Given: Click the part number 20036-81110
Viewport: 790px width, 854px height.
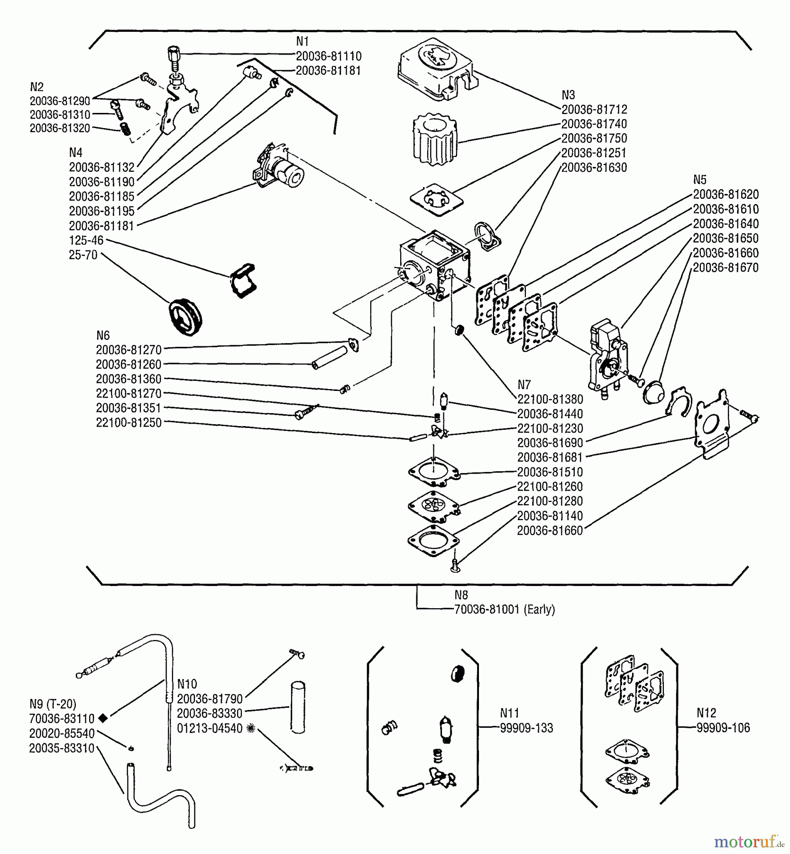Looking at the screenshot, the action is pyautogui.click(x=329, y=56).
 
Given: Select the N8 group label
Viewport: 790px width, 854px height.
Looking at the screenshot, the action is pyautogui.click(x=461, y=595).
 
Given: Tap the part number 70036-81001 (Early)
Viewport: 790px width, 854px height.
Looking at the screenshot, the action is pyautogui.click(x=505, y=610).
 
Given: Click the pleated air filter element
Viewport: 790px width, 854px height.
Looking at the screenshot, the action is pyautogui.click(x=435, y=139).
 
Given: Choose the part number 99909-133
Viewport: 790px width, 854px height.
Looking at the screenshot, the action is pyautogui.click(x=526, y=728).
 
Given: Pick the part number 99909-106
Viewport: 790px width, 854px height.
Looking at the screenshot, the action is pyautogui.click(x=723, y=728).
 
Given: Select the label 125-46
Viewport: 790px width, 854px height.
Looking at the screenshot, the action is pyautogui.click(x=86, y=241).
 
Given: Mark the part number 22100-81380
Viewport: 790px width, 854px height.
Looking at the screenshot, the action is pyautogui.click(x=550, y=399).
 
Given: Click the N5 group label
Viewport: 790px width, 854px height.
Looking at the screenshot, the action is pyautogui.click(x=699, y=180).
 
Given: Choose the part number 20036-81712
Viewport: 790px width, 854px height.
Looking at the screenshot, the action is pyautogui.click(x=594, y=110).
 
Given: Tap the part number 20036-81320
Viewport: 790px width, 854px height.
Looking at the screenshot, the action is pyautogui.click(x=60, y=129).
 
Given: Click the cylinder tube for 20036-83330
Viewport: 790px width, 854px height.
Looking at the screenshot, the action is pyautogui.click(x=298, y=707).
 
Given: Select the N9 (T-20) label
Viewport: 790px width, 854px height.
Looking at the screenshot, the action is pyautogui.click(x=53, y=704).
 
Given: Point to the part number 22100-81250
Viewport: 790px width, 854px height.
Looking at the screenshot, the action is pyautogui.click(x=129, y=423).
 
